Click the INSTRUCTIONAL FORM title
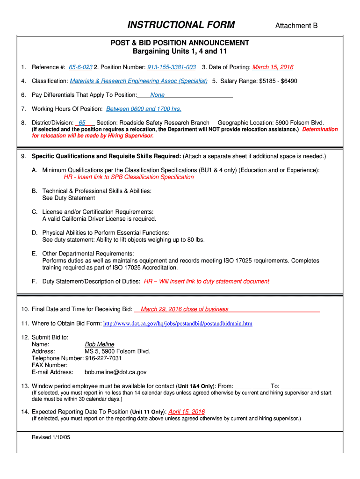181,25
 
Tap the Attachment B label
296,26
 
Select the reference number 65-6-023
80,67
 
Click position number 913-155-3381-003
172,67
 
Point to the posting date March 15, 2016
273,67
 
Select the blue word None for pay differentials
157,95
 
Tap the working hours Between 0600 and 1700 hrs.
144,109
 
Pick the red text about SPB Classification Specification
129,177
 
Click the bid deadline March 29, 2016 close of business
184,309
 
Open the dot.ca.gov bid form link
178,323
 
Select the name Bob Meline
99,344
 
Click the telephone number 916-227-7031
103,358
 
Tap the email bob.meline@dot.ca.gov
115,372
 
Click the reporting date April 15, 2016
186,412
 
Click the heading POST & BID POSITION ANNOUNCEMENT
180,43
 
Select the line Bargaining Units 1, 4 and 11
180,51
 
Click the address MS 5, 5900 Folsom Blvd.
117,351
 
